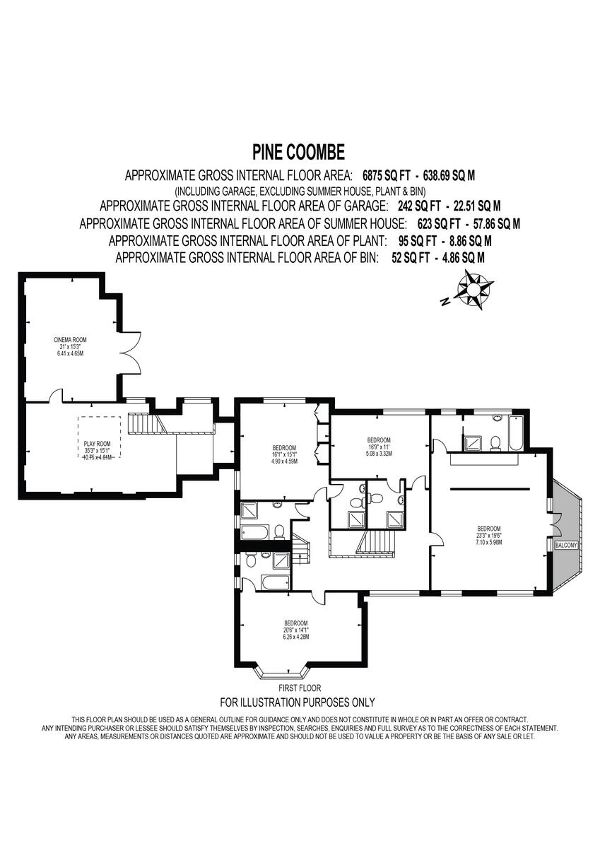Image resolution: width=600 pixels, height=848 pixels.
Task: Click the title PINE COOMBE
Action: pos(299,152)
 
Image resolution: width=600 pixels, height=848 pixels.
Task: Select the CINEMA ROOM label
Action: pos(69,339)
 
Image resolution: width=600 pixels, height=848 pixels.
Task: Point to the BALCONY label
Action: pos(566,545)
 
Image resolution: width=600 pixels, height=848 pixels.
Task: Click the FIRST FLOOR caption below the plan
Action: pos(300,688)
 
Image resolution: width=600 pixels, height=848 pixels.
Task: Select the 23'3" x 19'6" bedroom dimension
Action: pos(488,536)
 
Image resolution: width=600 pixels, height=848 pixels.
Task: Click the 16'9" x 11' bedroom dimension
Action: pos(379,447)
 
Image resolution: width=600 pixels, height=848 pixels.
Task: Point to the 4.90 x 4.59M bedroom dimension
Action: pos(285,461)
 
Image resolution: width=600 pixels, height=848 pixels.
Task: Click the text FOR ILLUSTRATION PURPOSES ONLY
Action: pos(298,702)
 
